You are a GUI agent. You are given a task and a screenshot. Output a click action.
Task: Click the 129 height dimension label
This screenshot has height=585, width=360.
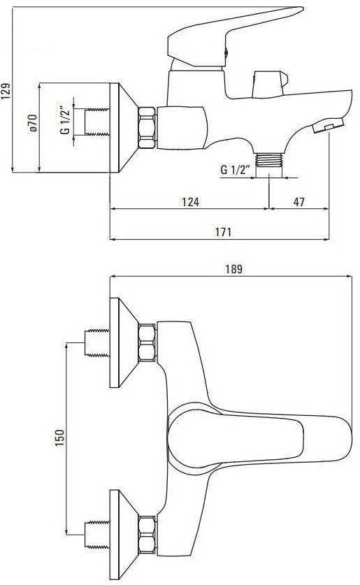pyautogui.click(x=7, y=90)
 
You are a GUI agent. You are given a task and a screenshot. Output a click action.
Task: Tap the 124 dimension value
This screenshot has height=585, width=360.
pyautogui.click(x=189, y=202)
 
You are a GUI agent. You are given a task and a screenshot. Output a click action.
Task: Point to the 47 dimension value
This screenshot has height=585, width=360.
pyautogui.click(x=299, y=202)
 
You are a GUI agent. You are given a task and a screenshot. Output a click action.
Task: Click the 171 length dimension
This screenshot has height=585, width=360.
pyautogui.click(x=222, y=233)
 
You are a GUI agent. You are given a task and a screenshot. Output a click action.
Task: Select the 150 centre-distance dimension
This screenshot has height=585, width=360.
pyautogui.click(x=59, y=438)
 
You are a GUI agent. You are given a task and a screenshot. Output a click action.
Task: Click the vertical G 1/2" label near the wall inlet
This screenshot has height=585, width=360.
pyautogui.click(x=64, y=120)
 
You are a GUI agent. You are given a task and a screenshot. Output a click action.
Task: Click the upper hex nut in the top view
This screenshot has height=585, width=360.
pyautogui.click(x=147, y=342)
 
